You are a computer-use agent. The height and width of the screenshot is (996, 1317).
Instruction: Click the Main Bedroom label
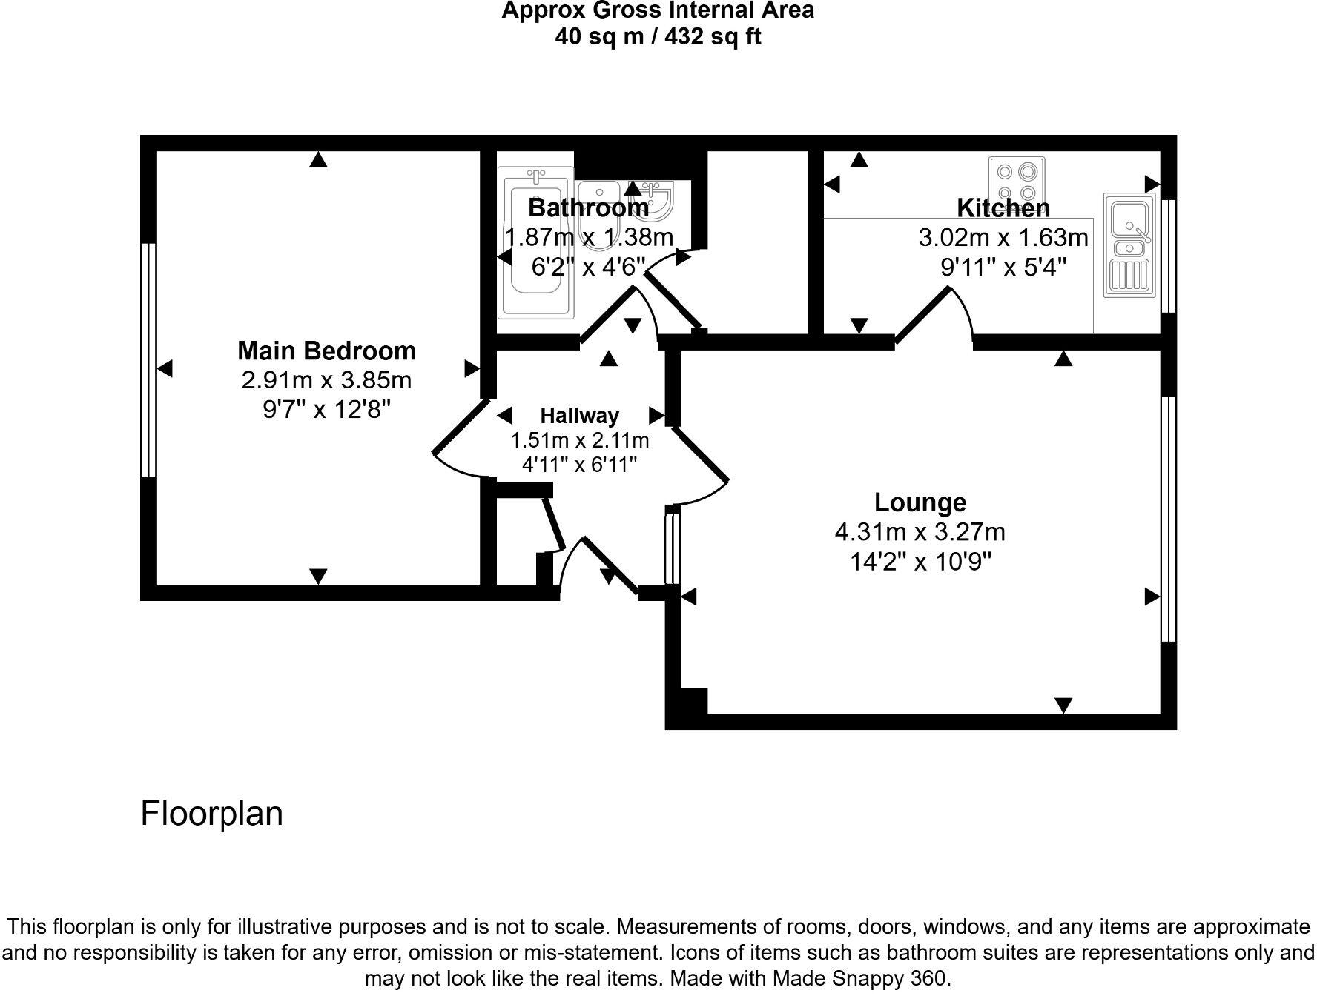(326, 351)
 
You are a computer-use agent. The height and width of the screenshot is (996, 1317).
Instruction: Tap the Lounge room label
(920, 502)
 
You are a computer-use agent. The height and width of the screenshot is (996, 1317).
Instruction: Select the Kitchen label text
(1003, 207)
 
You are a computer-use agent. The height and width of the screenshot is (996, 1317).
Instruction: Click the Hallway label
(579, 416)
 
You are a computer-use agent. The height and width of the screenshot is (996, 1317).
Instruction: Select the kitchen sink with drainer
(1129, 245)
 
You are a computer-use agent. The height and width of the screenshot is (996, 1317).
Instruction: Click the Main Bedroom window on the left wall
(148, 360)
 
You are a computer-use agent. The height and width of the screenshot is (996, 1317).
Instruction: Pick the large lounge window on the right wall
(1168, 519)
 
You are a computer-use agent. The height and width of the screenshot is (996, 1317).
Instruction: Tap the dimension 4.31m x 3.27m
(920, 532)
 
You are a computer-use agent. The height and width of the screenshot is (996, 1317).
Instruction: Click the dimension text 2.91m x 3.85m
(326, 380)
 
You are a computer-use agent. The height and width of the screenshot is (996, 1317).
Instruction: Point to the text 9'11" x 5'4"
(1003, 267)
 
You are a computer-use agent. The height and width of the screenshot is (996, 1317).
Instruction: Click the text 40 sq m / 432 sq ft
(658, 36)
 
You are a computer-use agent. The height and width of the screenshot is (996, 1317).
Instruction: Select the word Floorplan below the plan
(212, 813)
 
